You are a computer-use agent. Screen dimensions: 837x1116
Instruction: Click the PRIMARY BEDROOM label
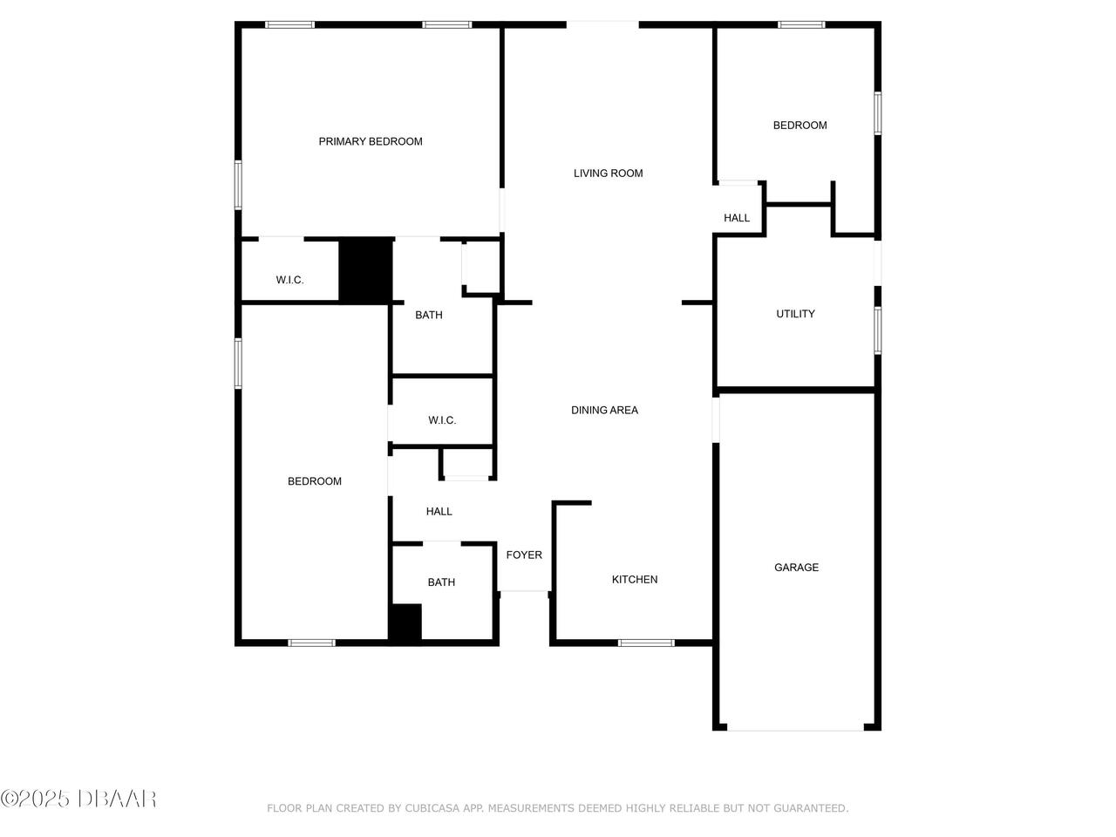(370, 141)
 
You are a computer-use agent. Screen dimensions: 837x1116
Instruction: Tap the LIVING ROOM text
(608, 174)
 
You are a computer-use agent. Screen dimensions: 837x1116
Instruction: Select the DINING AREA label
(604, 410)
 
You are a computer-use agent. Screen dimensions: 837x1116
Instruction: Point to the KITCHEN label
(634, 580)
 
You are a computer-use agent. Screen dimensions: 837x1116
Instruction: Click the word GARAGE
(796, 568)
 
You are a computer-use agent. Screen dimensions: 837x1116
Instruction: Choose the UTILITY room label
(795, 314)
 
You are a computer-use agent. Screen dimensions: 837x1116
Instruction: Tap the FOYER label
(524, 555)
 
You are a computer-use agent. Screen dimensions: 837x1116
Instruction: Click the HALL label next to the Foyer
(439, 512)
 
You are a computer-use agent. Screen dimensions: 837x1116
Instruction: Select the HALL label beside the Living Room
(736, 218)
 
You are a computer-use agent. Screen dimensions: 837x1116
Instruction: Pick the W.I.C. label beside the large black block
(289, 280)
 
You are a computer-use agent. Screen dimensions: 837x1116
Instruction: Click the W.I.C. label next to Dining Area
(442, 420)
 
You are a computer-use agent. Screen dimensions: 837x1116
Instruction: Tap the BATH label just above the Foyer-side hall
(428, 315)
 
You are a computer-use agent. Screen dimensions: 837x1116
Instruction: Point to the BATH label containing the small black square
(441, 582)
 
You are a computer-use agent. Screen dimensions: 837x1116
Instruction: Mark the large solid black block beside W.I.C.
(364, 270)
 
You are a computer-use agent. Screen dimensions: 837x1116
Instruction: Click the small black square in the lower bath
(405, 623)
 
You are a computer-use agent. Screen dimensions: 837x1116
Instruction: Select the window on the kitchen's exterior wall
(646, 643)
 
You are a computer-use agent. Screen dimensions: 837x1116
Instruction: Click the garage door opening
(795, 728)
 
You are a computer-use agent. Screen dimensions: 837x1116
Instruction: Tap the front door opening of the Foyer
(524, 592)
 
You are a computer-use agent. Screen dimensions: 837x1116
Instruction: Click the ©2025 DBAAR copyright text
(78, 798)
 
